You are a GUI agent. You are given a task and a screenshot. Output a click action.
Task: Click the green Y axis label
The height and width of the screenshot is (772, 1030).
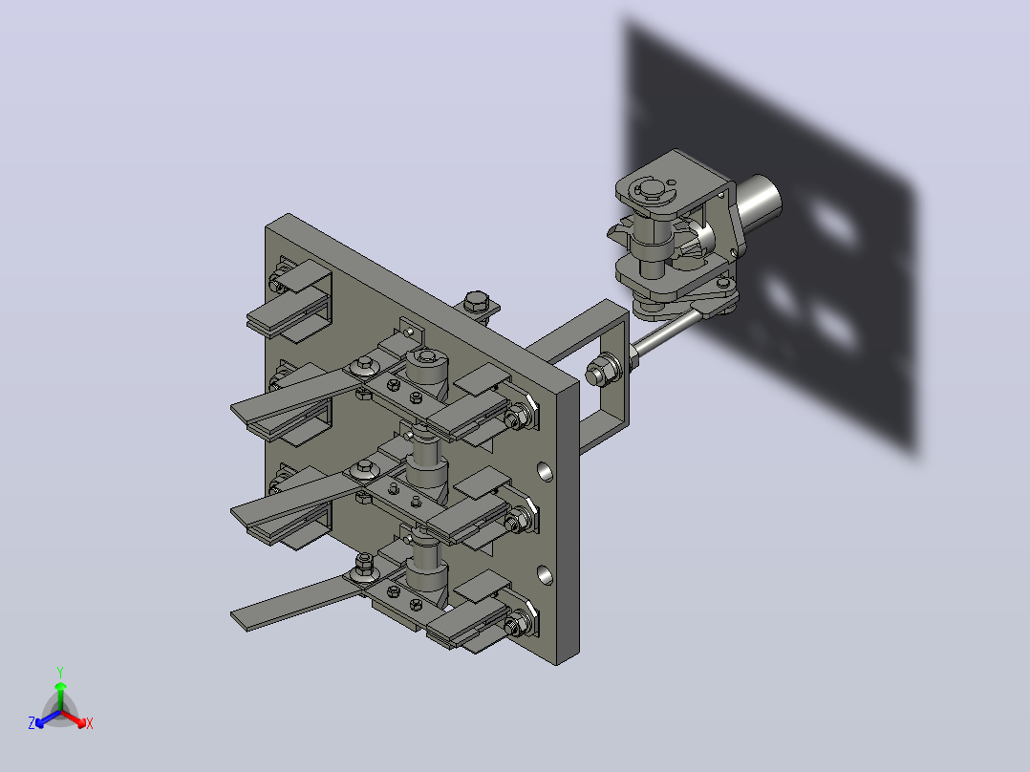pyautogui.click(x=60, y=672)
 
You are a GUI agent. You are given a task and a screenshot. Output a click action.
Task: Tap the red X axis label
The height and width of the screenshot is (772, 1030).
pyautogui.click(x=90, y=723)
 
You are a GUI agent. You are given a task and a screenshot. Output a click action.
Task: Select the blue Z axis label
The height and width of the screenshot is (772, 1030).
pyautogui.click(x=32, y=722)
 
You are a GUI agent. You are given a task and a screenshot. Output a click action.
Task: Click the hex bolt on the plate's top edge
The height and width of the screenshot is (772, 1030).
pyautogui.click(x=475, y=303)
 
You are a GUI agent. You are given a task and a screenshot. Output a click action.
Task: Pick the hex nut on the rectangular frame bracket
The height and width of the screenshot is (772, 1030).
pyautogui.click(x=599, y=372)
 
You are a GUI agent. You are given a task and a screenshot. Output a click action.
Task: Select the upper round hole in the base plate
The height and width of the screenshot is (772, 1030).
pyautogui.click(x=545, y=471)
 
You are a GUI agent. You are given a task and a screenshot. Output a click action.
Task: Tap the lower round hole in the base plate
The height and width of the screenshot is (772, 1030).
pyautogui.click(x=545, y=575)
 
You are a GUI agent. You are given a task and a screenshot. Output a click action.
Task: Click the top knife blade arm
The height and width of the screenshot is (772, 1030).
pyautogui.click(x=295, y=395)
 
